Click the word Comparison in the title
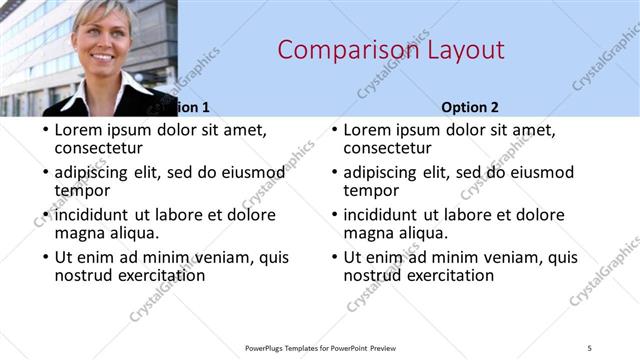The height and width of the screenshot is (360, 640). tap(336, 50)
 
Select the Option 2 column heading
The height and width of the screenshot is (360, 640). tap(470, 107)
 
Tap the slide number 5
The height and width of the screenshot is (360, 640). tap(590, 347)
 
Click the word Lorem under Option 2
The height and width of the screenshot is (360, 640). tap(369, 130)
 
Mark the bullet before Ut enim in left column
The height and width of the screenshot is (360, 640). tap(46, 258)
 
